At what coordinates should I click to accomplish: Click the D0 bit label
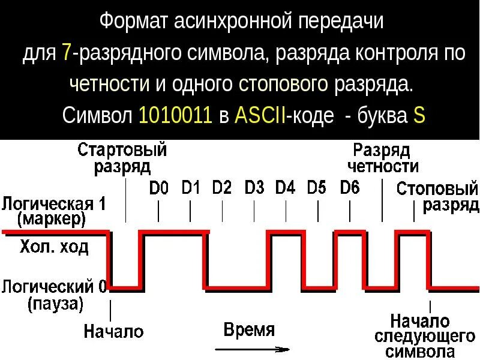(x=159, y=189)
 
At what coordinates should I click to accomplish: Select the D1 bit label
(x=191, y=188)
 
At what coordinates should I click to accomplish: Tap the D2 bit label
(x=222, y=188)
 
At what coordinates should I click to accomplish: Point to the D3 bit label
(x=254, y=188)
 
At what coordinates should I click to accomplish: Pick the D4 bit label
(x=286, y=188)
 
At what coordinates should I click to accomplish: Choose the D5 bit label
(x=317, y=188)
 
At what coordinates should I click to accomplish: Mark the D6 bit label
(x=350, y=188)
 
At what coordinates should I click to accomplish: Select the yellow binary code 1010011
(x=176, y=115)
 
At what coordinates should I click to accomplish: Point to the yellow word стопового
(x=283, y=84)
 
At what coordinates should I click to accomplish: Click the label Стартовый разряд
(x=122, y=158)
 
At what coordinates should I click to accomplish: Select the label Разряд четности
(x=382, y=158)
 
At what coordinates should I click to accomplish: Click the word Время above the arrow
(x=249, y=329)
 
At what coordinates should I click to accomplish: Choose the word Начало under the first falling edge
(x=114, y=331)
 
